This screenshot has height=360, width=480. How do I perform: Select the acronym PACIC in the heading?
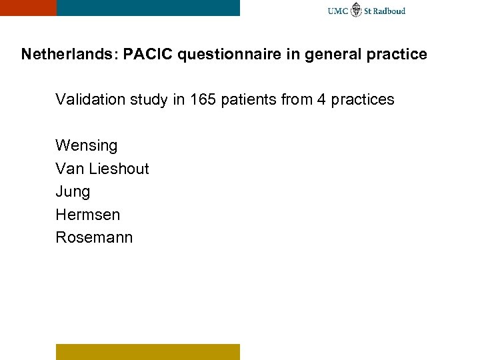point(145,54)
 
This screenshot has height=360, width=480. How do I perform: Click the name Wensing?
point(87,145)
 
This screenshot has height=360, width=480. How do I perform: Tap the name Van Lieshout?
point(102,169)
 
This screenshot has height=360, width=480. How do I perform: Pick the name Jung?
point(73,192)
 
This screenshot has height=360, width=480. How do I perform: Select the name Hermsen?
point(88,215)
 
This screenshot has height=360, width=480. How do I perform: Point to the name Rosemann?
point(94,237)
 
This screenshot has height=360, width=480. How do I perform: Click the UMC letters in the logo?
point(338,11)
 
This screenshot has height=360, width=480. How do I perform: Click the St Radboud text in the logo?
point(386,11)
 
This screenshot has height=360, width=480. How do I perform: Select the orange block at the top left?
point(28,7)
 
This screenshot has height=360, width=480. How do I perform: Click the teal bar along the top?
point(148,7)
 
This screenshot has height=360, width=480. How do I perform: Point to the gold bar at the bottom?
point(147,351)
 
